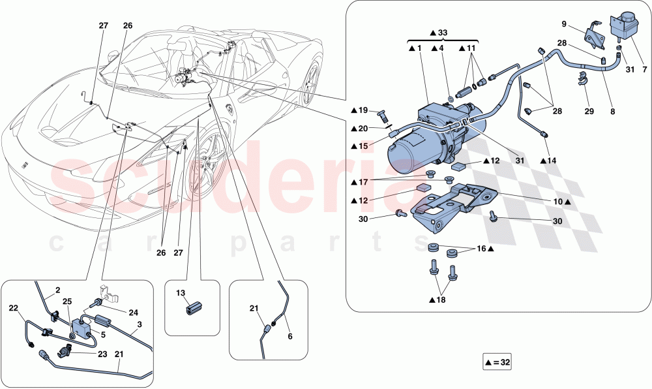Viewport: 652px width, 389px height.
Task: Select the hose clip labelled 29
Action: [x=582, y=78]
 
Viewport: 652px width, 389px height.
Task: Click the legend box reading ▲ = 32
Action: [x=497, y=362]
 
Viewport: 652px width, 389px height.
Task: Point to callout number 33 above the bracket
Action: [x=443, y=33]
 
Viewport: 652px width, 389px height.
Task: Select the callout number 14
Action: [x=552, y=160]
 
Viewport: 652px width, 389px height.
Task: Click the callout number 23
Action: [x=102, y=354]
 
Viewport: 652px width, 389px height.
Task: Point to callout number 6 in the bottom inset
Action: [x=290, y=336]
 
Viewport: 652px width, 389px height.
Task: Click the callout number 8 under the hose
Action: [x=613, y=112]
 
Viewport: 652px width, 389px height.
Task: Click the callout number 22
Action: [x=14, y=307]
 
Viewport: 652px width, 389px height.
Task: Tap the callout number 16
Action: [x=482, y=249]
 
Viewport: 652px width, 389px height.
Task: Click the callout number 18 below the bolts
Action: [x=441, y=300]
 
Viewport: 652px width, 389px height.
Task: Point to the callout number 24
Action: [x=134, y=313]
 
